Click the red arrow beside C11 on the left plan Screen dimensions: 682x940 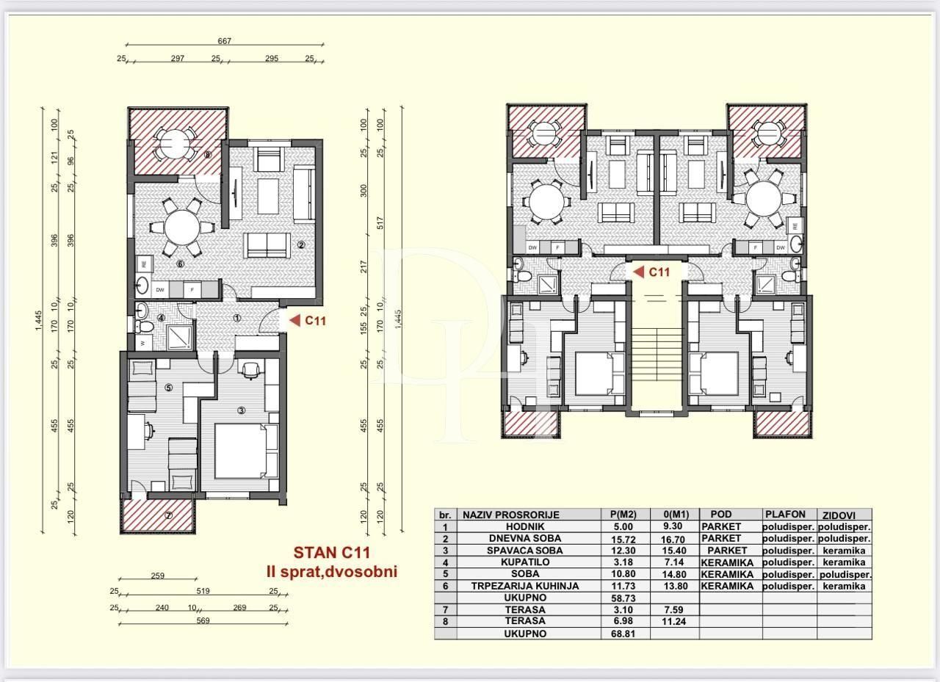tap(294, 320)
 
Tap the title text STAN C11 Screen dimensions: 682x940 tap(331, 552)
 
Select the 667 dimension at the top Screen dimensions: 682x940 tap(224, 41)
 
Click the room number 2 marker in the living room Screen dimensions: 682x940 tap(300, 244)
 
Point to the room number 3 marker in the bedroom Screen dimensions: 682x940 tap(241, 410)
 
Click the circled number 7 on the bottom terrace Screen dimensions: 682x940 tap(168, 515)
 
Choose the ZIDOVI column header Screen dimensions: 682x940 tap(845, 515)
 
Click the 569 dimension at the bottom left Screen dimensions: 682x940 tap(203, 620)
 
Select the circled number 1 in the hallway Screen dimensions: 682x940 tap(237, 319)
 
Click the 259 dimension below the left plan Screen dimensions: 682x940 tap(157, 576)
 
